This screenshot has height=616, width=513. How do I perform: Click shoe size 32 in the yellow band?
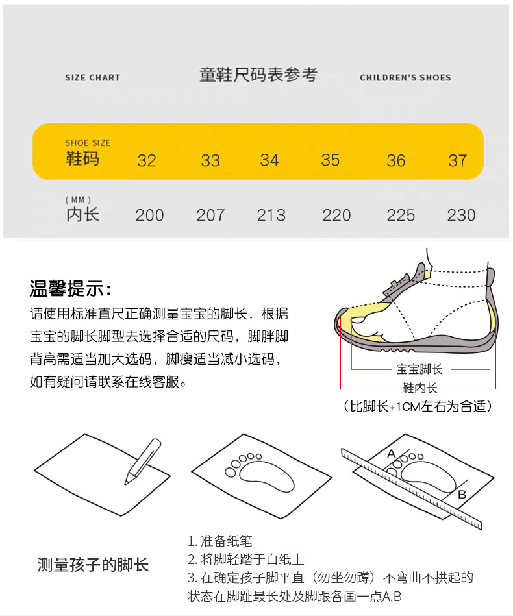click(147, 160)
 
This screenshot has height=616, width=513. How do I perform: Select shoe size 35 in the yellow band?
click(331, 160)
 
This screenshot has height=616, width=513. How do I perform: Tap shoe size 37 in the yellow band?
click(458, 160)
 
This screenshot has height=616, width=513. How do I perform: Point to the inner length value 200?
click(149, 216)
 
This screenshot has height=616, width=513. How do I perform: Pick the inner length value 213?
click(271, 216)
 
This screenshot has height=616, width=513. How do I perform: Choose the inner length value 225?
click(401, 216)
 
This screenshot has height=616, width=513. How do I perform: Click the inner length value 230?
click(462, 216)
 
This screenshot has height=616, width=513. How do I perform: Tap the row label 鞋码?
click(82, 159)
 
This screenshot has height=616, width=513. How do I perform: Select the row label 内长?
click(82, 214)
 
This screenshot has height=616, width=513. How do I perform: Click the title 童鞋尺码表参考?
click(258, 75)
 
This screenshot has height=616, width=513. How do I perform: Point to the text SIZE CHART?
click(92, 77)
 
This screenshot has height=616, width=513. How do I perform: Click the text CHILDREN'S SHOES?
click(405, 77)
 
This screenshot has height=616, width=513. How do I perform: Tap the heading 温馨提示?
click(71, 288)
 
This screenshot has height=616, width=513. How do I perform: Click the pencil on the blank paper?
click(143, 462)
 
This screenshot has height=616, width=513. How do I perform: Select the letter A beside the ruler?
click(391, 454)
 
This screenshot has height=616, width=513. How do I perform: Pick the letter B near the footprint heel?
click(462, 494)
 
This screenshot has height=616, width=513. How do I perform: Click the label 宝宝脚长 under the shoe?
click(419, 369)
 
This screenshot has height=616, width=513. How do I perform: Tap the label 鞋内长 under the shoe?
click(420, 388)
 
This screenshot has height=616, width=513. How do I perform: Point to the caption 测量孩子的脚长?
click(93, 565)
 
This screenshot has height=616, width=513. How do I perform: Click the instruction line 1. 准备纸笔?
click(220, 541)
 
